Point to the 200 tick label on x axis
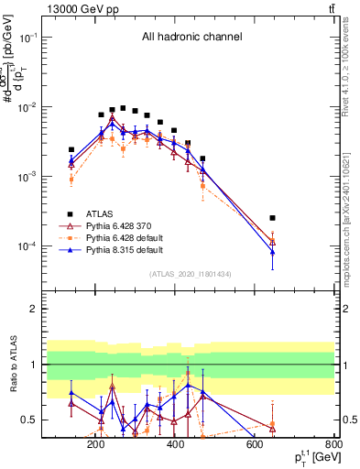point(95,444)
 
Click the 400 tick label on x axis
point(175,444)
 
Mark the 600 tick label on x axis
point(255,444)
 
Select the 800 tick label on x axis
point(333,444)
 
